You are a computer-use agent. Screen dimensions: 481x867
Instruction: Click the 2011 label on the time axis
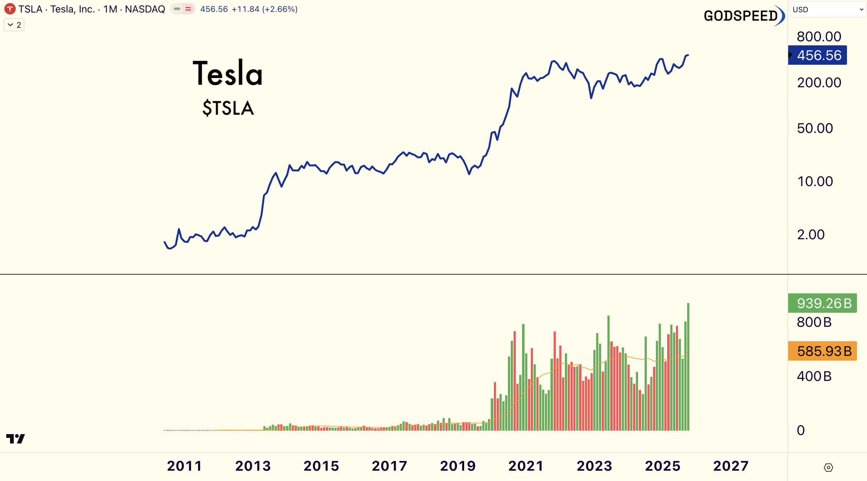(x=185, y=466)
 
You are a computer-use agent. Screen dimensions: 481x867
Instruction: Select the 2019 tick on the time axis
(x=458, y=466)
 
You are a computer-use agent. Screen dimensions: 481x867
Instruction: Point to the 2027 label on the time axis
(x=731, y=466)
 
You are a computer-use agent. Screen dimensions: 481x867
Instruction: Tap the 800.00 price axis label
(x=819, y=37)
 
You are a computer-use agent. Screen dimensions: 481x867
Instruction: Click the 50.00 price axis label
(x=815, y=128)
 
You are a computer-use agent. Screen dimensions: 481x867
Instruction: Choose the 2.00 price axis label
(x=810, y=235)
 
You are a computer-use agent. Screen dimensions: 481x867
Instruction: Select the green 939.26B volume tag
(x=823, y=303)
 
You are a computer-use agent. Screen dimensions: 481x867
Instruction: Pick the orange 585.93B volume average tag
(x=823, y=351)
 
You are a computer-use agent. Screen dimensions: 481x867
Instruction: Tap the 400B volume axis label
(x=814, y=376)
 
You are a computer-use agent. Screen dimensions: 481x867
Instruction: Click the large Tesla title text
(x=227, y=73)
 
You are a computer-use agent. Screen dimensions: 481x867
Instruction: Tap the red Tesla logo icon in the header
(x=10, y=9)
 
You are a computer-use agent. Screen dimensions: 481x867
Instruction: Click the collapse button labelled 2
(x=14, y=25)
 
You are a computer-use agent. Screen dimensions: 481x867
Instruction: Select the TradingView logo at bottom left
(x=16, y=438)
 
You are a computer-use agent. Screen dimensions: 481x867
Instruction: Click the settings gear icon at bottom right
(x=828, y=467)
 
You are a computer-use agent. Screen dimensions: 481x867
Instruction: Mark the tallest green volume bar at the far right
(x=688, y=367)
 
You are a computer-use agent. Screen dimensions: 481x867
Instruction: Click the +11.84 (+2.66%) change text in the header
(x=265, y=9)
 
